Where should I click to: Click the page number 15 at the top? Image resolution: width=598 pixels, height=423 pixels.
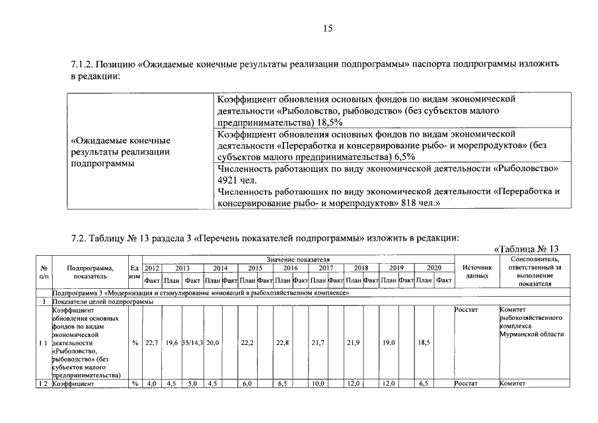[x=327, y=28]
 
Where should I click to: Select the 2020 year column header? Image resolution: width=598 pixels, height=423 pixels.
[x=433, y=268]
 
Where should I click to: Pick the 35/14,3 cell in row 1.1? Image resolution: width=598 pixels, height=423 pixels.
[x=192, y=343]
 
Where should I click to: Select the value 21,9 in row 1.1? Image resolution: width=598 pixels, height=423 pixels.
[x=353, y=343]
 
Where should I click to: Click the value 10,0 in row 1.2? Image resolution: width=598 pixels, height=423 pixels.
[x=318, y=383]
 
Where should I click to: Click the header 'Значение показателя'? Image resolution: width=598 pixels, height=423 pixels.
[x=298, y=260]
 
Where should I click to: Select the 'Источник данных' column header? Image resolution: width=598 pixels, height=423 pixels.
[x=477, y=272]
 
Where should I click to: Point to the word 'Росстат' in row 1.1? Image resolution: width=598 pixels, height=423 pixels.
[x=467, y=308]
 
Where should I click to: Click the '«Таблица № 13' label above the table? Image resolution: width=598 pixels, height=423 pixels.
[x=527, y=249]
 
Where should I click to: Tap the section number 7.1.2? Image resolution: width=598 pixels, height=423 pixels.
[x=82, y=65]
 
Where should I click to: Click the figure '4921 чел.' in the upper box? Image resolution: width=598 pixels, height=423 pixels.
[x=236, y=180]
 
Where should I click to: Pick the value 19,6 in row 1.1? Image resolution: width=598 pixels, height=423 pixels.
[x=172, y=343]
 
